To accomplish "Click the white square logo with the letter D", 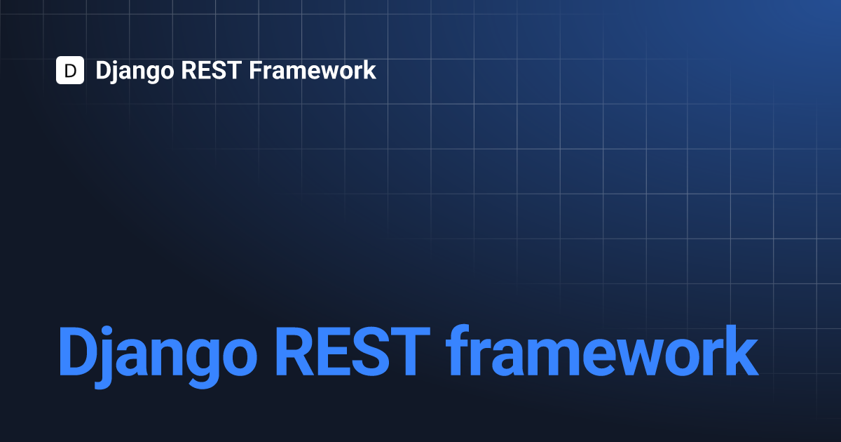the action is coord(70,70).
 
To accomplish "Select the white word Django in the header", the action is coord(135,71).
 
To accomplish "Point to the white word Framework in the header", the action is coord(313,70).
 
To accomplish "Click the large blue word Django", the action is coord(158,356).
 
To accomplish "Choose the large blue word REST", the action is coord(353,351).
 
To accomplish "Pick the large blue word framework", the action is coord(602,350).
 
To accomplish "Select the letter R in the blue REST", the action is coord(295,351).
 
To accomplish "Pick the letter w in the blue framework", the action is coord(642,357).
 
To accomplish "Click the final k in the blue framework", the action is coord(739,350).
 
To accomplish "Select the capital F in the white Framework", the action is coord(256,70).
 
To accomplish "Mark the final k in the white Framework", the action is coord(369,69).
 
